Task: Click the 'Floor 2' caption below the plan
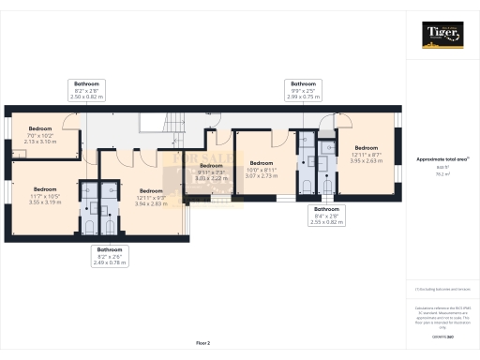[203, 344]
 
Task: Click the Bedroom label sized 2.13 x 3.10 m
[40, 133]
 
